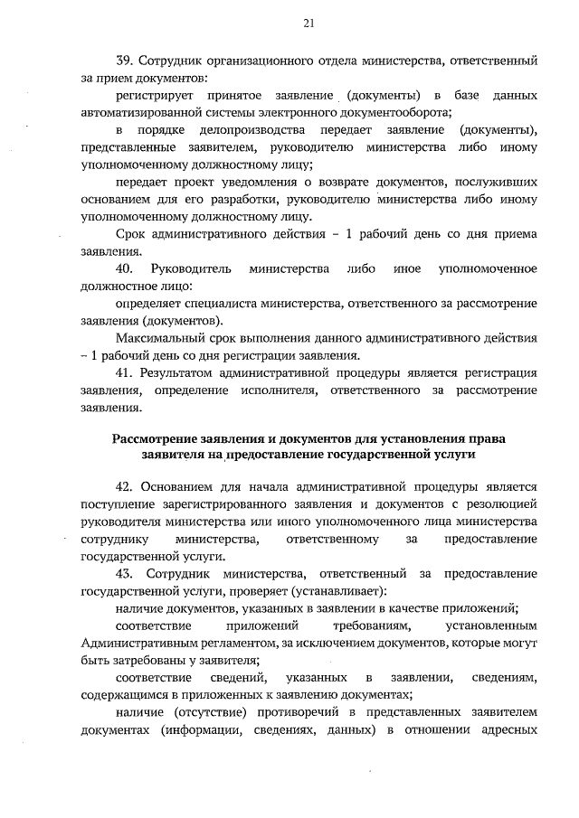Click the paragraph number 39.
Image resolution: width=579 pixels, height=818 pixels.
click(x=127, y=61)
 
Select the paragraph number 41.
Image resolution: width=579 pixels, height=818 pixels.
click(x=126, y=372)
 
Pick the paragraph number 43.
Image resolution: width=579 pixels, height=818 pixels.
click(x=126, y=574)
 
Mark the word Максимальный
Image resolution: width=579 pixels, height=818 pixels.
click(x=162, y=337)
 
